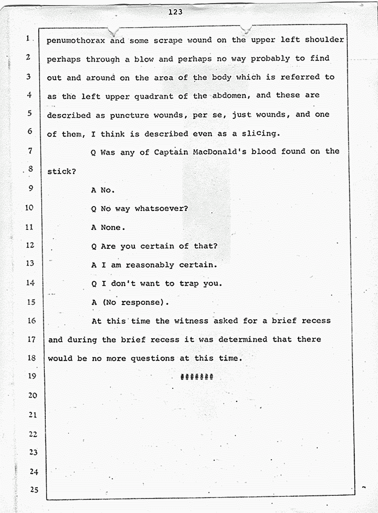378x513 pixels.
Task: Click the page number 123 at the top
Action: pyautogui.click(x=175, y=12)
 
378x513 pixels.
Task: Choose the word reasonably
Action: pyautogui.click(x=150, y=265)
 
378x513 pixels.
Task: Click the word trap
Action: pyautogui.click(x=189, y=284)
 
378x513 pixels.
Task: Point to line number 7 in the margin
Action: pyautogui.click(x=30, y=151)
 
